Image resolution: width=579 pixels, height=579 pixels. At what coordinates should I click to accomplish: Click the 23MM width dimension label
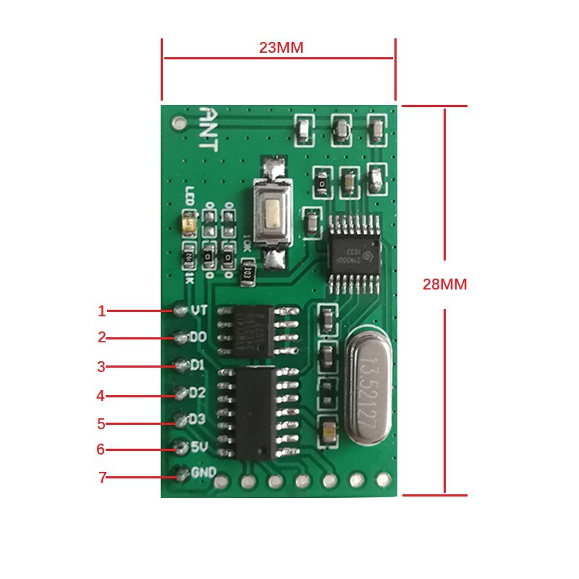pos(281,48)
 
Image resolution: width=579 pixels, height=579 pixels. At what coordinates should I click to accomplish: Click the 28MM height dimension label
pos(444,284)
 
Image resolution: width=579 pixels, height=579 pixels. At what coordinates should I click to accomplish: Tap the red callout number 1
pos(102,311)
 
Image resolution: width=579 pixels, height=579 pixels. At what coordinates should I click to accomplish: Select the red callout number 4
pos(101,396)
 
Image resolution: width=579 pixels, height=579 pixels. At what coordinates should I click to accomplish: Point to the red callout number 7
pos(102,478)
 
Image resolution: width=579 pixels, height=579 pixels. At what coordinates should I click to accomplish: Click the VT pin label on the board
pos(199,310)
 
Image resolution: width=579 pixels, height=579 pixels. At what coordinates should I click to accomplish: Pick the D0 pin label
pos(198,337)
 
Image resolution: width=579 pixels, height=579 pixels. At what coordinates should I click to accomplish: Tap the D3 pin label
pos(198,419)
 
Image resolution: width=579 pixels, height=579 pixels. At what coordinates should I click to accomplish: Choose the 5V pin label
pos(200,447)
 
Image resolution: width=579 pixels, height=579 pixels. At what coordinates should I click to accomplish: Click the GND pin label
pos(203,473)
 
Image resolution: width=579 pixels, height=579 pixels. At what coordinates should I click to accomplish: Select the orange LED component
pos(190,221)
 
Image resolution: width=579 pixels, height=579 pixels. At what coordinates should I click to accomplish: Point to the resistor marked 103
pos(247,274)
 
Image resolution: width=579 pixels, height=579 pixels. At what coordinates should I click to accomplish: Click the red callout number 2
pos(102,337)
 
